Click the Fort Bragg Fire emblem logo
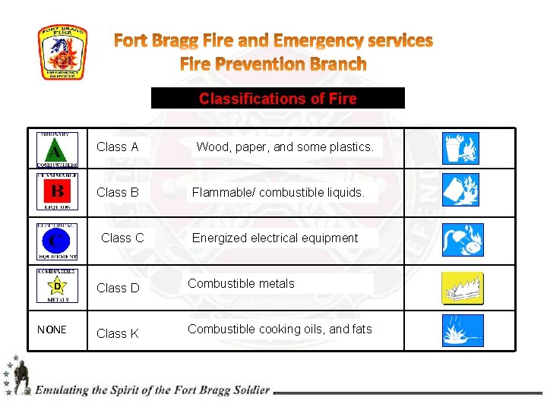tap(63, 52)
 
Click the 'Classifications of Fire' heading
tap(277, 99)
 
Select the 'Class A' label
tap(117, 147)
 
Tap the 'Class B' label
tap(117, 192)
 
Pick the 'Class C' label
tap(122, 238)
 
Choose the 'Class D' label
tap(118, 288)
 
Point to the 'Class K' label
tap(118, 333)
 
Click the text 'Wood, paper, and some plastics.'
tap(285, 147)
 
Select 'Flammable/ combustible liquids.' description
tap(278, 192)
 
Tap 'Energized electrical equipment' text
tap(274, 238)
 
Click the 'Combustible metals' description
tap(241, 283)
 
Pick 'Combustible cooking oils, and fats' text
tap(280, 329)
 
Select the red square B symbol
tap(57, 191)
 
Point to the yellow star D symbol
tap(57, 286)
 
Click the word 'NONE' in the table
tap(52, 330)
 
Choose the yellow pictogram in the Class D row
tap(463, 289)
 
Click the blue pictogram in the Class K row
tap(463, 330)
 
